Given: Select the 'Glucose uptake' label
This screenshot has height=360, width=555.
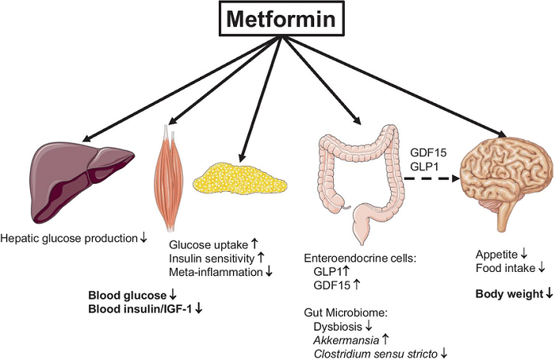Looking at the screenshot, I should click(x=207, y=245).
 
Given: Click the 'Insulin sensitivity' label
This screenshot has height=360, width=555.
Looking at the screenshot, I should click(x=212, y=259).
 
